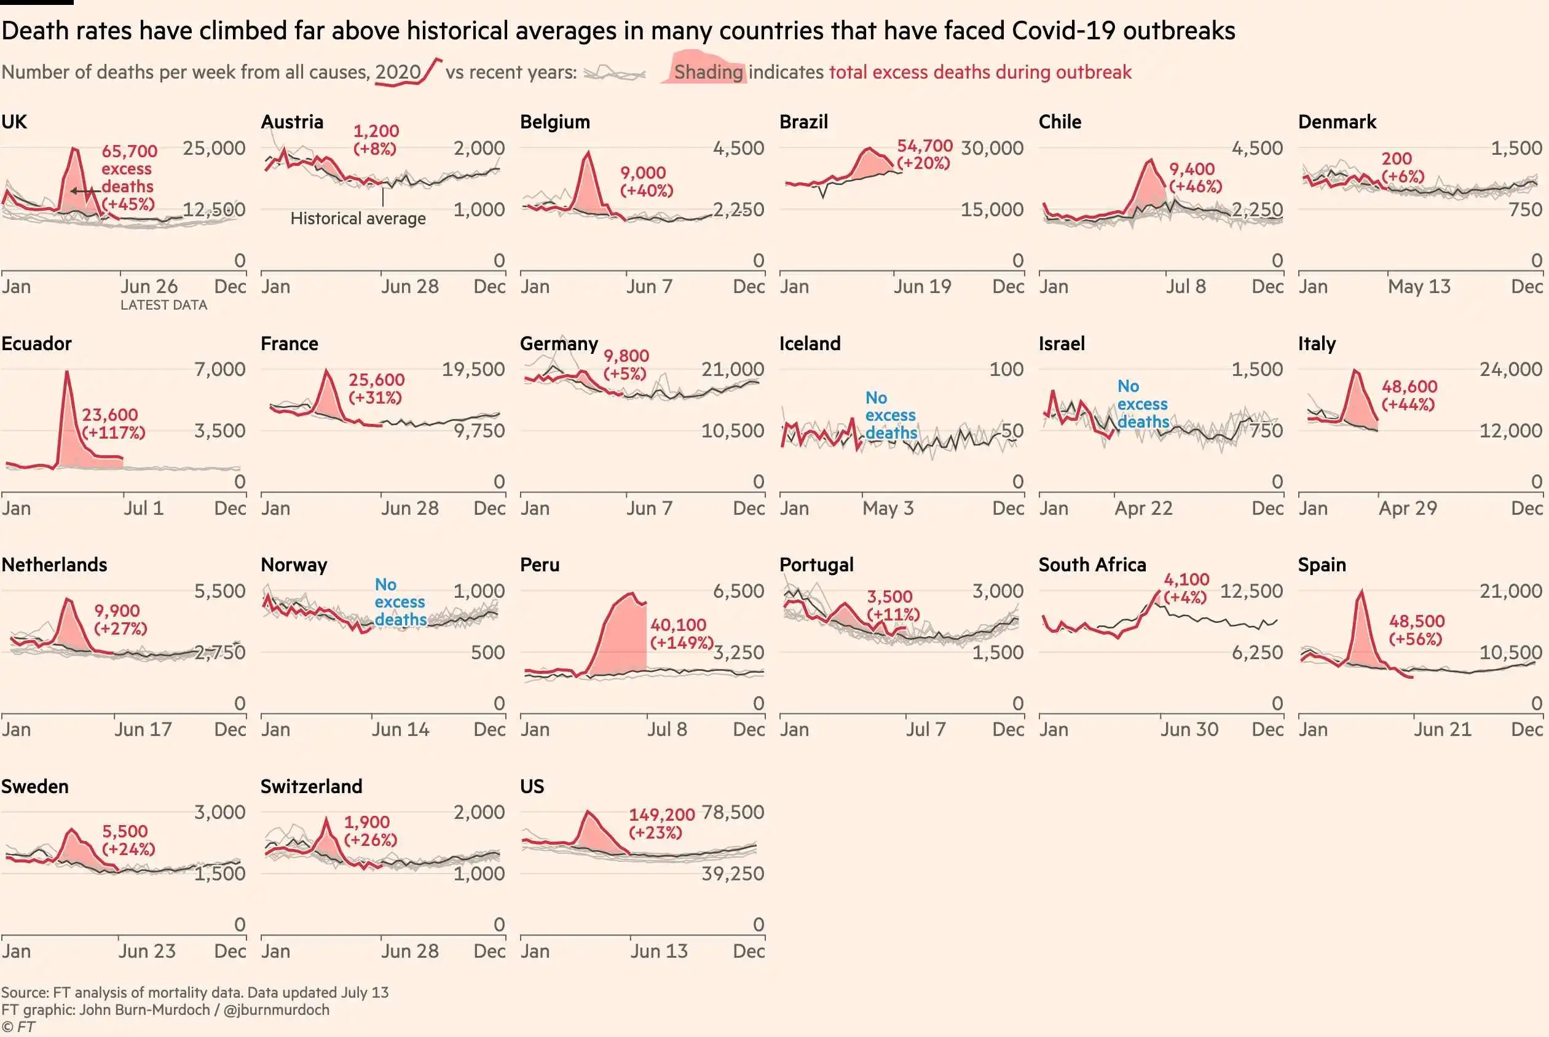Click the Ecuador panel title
point(36,343)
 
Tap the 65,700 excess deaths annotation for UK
point(128,178)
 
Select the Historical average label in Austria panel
point(358,218)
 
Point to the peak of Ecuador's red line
point(67,372)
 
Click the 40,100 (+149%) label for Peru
point(681,633)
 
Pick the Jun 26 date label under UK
point(149,286)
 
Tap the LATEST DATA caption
point(164,305)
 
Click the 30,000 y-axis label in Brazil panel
point(991,148)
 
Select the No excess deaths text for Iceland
point(891,415)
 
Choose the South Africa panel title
point(1092,564)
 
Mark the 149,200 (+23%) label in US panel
point(661,823)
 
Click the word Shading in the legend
point(708,72)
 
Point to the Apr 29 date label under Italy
point(1408,508)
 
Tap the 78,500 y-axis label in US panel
point(732,812)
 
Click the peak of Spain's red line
point(1361,590)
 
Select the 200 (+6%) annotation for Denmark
point(1402,167)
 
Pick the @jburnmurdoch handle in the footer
point(276,1010)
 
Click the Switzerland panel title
point(311,786)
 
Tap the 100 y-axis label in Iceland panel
point(1006,369)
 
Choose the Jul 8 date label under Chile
point(1185,286)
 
